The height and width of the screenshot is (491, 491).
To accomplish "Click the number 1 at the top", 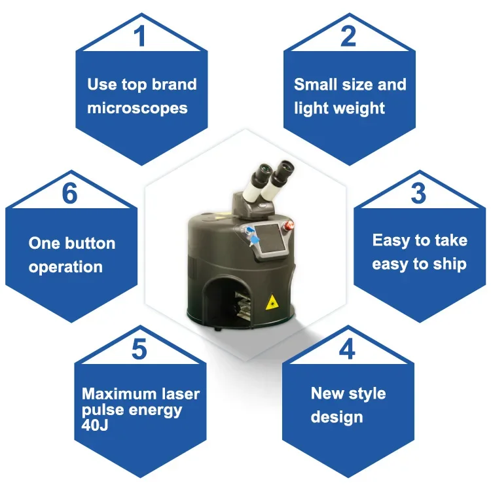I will [x=140, y=37].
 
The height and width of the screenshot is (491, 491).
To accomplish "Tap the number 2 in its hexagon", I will [x=348, y=37].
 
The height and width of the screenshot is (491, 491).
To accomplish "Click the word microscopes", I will [x=137, y=108].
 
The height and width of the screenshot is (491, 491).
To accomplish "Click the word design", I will [x=337, y=417].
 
